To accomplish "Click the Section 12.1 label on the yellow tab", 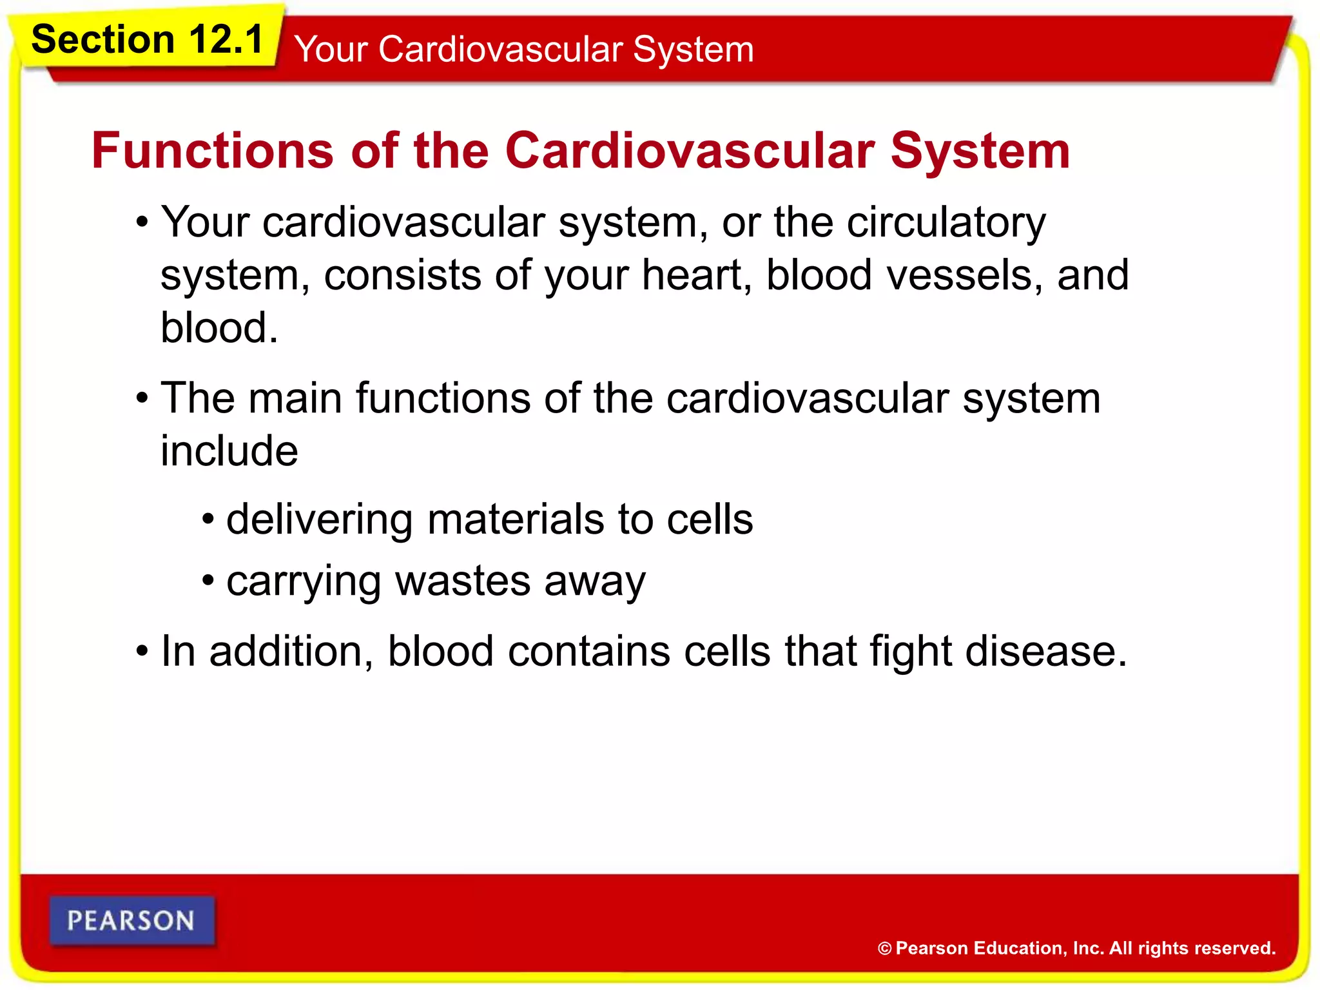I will point(147,40).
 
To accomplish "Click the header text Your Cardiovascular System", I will point(523,50).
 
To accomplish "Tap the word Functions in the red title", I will point(212,151).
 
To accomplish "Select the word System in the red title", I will point(980,151).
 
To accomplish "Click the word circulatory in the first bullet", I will point(946,222).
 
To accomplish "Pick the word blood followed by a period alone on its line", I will point(218,328).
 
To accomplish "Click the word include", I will point(229,451).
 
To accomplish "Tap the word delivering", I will point(319,519).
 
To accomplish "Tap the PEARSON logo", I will point(131,920).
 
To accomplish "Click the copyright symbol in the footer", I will point(885,949).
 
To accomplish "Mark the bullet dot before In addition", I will point(142,651).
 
